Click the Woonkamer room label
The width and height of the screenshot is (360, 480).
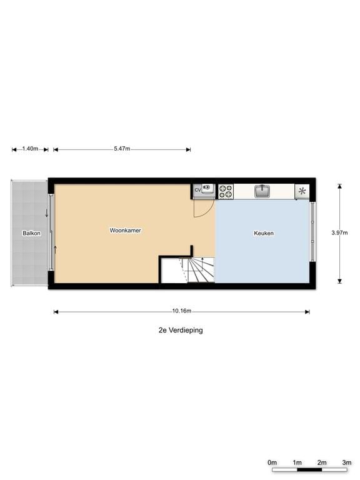click(125, 231)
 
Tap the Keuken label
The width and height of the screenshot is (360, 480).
click(264, 233)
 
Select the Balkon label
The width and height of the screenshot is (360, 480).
click(31, 233)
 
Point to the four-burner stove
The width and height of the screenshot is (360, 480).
click(226, 191)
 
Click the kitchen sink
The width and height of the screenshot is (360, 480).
click(262, 191)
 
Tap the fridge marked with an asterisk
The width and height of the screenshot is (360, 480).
click(302, 191)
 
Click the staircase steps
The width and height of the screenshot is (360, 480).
click(199, 270)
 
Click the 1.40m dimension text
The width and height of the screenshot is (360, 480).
click(30, 149)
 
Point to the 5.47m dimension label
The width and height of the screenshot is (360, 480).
click(122, 149)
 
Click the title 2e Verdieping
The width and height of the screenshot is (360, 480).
click(181, 330)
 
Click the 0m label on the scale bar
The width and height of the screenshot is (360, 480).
click(272, 462)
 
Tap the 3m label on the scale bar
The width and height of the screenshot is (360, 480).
click(346, 462)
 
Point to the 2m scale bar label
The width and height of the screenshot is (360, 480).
click(322, 462)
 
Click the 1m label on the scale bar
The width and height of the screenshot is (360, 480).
click(297, 462)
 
